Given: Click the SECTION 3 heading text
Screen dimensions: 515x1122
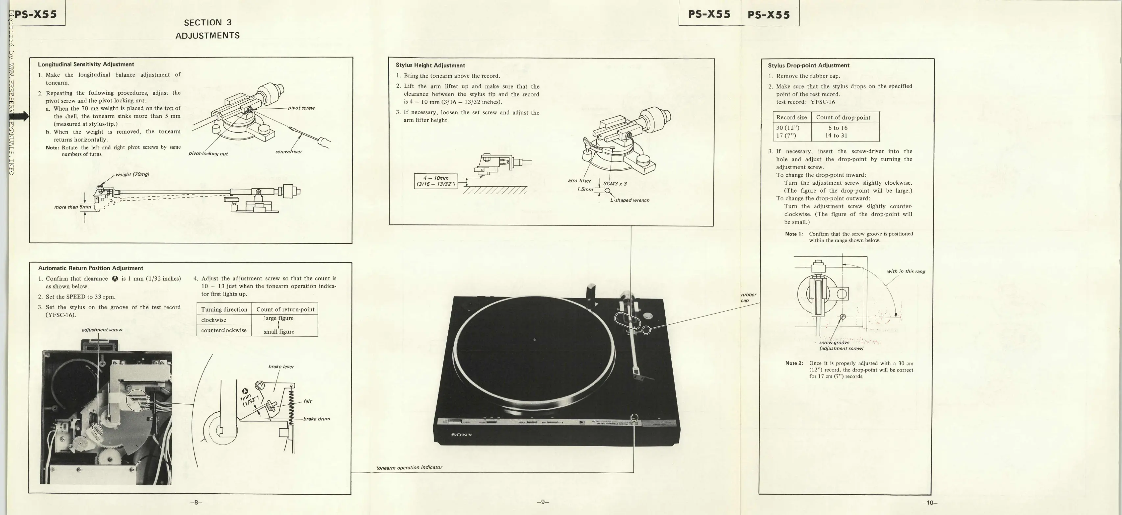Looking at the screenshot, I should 208,23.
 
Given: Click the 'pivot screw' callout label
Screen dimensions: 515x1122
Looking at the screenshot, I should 301,108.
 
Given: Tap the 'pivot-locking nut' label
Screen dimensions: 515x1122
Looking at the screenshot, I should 208,153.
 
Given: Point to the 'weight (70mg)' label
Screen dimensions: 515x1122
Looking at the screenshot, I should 132,174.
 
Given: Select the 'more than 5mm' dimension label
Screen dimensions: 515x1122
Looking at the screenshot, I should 73,207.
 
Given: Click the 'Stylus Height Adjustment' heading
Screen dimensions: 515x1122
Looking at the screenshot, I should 430,65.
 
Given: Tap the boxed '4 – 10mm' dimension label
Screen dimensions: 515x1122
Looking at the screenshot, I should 436,181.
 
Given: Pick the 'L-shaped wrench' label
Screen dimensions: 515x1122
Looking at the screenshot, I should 630,200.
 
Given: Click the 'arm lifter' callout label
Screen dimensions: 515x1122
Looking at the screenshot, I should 579,181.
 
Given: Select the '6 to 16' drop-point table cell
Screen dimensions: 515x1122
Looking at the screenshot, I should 838,128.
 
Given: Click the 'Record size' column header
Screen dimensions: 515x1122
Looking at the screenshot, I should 791,117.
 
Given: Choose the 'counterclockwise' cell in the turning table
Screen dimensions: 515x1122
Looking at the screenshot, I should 224,330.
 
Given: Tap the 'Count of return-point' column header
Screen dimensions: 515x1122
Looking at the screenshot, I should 285,309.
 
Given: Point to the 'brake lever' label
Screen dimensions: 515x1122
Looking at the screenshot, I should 281,367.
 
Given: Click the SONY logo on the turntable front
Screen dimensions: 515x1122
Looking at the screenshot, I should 462,435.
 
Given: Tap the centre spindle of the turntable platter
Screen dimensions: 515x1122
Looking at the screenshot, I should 535,340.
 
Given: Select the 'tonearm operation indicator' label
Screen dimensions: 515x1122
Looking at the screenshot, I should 409,468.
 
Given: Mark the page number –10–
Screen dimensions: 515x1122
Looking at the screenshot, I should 929,502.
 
